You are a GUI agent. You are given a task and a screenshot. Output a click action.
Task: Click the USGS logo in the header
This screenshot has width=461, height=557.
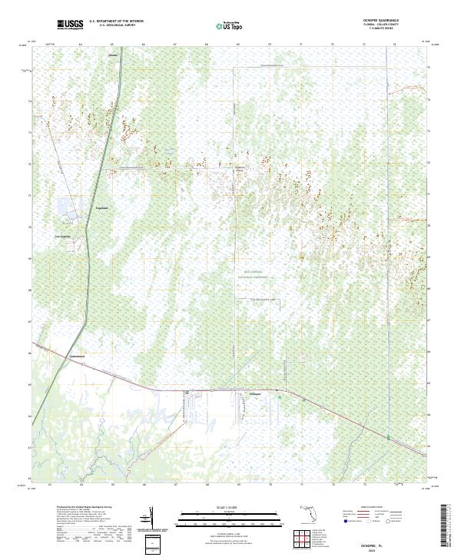71,25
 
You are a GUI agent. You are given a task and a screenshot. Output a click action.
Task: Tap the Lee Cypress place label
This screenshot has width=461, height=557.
62,236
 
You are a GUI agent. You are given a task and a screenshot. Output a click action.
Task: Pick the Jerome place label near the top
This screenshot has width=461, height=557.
114,55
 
